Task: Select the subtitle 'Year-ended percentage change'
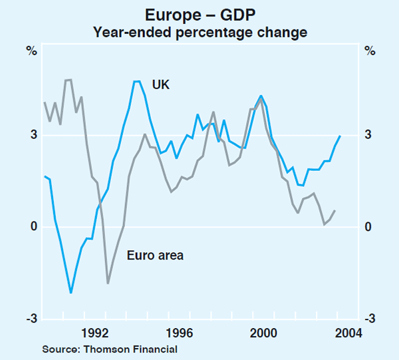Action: coord(199,32)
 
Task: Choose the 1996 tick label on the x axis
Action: coord(180,333)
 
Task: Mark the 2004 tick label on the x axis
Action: coord(348,333)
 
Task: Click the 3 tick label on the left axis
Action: coord(31,136)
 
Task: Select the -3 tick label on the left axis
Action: coord(30,319)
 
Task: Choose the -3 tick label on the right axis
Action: coord(368,319)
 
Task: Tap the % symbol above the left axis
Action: coord(31,51)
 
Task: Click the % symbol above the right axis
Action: coord(370,51)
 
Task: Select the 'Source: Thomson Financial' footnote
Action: coord(110,349)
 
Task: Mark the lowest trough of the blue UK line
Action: coord(70,292)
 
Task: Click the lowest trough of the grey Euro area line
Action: coord(108,283)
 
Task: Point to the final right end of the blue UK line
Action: coord(340,136)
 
